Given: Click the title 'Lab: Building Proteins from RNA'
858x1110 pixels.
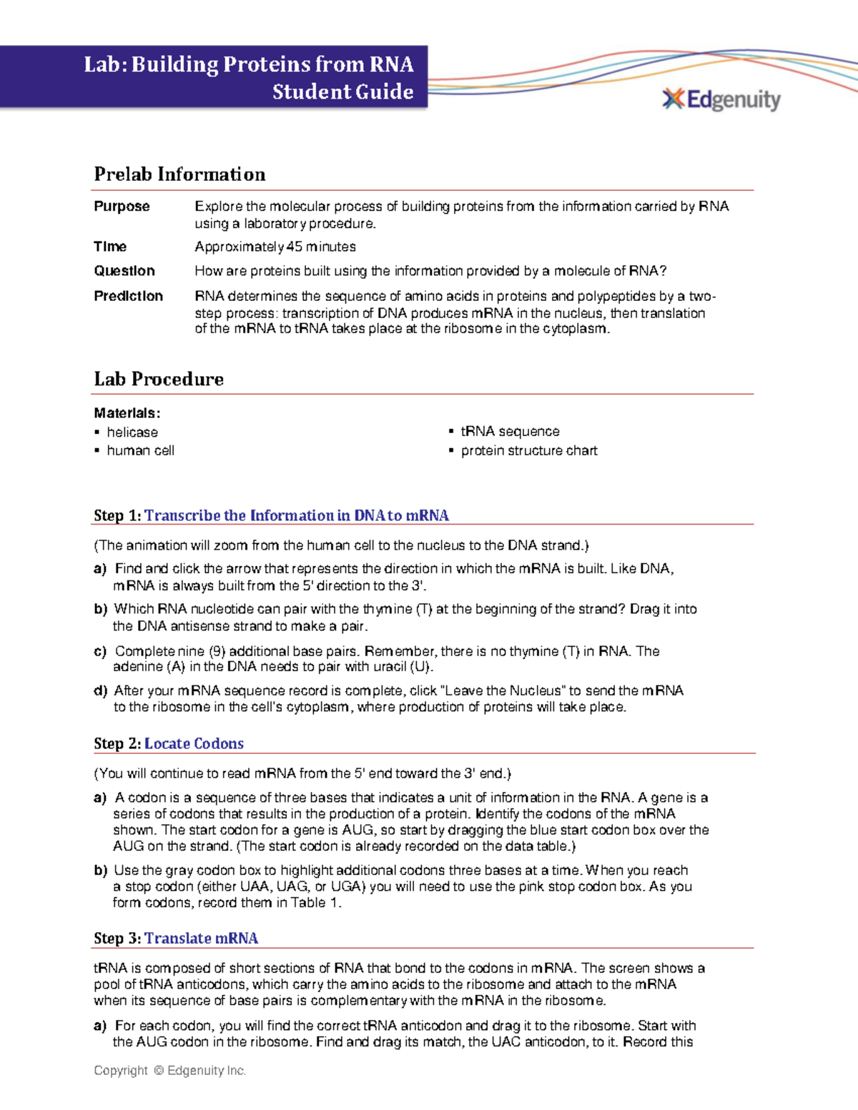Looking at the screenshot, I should coord(248,64).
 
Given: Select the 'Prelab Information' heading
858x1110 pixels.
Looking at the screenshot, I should coord(179,174).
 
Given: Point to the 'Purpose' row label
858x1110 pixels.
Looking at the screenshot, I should coord(122,207).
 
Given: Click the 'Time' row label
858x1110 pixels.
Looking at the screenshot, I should coord(110,247).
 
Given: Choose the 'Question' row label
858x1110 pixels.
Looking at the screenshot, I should coord(124,271).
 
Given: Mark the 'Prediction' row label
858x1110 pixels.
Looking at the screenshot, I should coord(128,296).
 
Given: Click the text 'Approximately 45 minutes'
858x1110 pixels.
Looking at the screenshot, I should coord(275,247).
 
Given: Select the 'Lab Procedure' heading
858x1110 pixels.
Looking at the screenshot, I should coord(159,379).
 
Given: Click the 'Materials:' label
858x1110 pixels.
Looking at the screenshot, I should coord(127,413).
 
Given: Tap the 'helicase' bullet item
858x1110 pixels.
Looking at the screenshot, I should coord(132,432).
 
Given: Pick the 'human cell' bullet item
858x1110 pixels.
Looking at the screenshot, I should coord(140,450).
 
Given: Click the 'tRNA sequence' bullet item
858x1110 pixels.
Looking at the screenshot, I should coord(510,432).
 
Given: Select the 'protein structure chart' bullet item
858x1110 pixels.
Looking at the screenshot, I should coord(528,450).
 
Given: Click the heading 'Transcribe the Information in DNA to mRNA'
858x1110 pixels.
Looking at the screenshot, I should coord(296,515).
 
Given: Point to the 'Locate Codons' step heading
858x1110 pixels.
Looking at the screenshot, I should coord(194,743).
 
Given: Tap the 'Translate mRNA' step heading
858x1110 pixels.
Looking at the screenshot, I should coord(201,938).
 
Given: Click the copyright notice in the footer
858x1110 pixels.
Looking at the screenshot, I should coord(169,1070).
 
